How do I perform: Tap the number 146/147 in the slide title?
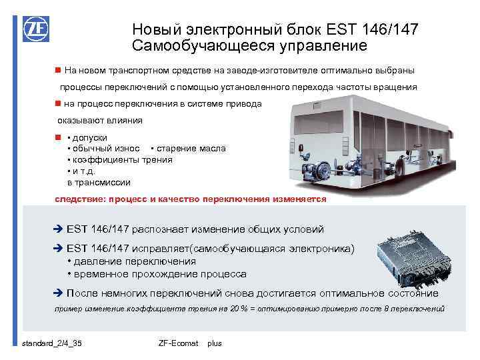point(392,29)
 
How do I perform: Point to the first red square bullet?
point(58,70)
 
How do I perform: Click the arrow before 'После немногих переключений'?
point(58,293)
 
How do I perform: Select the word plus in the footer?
point(215,343)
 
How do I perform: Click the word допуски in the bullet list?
point(91,137)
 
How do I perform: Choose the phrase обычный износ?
point(106,148)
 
